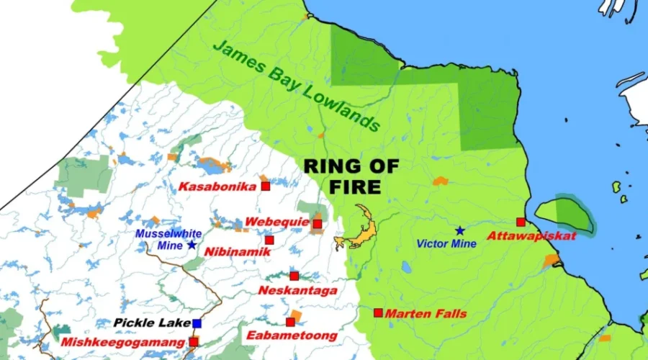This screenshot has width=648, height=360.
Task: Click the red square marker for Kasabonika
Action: (266, 186)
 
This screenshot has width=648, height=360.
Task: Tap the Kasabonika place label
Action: (217, 187)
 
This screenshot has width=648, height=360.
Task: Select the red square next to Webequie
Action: (318, 224)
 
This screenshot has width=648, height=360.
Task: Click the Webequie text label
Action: (277, 222)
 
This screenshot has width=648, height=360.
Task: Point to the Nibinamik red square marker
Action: (269, 240)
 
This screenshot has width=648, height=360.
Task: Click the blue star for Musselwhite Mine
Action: (192, 245)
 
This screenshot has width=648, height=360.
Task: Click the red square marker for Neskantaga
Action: (294, 276)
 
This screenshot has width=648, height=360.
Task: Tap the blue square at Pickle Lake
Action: (197, 323)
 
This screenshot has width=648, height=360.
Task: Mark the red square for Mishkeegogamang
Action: (194, 341)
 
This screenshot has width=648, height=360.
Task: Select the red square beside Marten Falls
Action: (378, 313)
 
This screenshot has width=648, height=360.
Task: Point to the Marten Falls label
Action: (426, 314)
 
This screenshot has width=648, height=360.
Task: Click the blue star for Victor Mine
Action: (459, 230)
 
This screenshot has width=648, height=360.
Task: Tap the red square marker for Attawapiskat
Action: (521, 222)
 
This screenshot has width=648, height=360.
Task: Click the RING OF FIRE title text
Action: (351, 176)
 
